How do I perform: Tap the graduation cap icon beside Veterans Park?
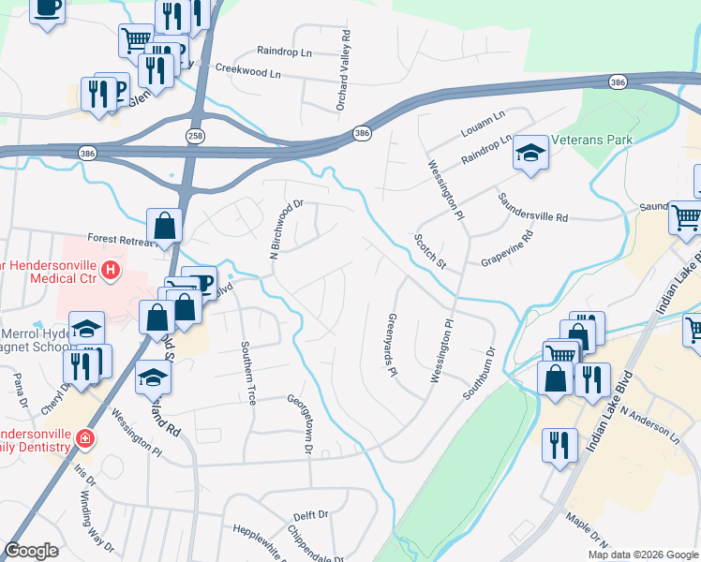pos(530,153)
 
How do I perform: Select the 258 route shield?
pos(196,111)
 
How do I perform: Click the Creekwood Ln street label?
pos(247,70)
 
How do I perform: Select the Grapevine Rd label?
pos(506,249)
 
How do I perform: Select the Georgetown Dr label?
pos(306,424)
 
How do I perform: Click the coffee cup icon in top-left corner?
pos(48,8)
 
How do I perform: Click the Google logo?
pos(31,550)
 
